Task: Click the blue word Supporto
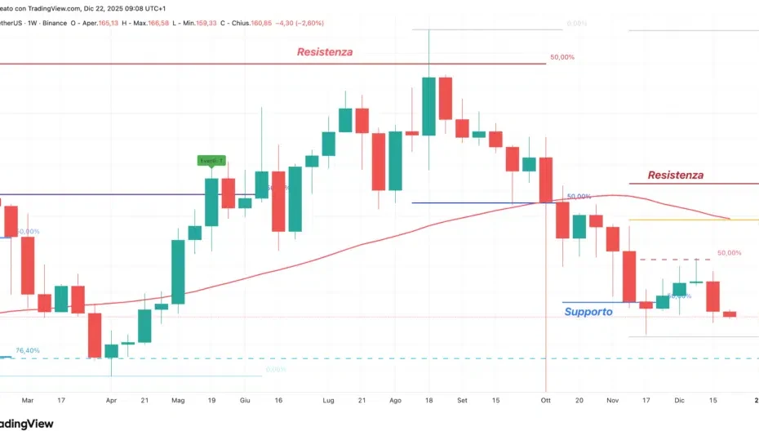(x=588, y=312)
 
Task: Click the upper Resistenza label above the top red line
(x=325, y=52)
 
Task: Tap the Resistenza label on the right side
(x=675, y=175)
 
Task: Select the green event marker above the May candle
(x=211, y=161)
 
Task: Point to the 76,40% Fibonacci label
(x=27, y=350)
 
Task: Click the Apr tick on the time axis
(x=111, y=401)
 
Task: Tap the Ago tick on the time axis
(x=395, y=401)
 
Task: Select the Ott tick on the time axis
(x=545, y=401)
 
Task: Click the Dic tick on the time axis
(x=679, y=401)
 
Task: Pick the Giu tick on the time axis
(x=244, y=401)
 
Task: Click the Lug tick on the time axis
(x=329, y=401)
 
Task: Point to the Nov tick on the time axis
(x=614, y=401)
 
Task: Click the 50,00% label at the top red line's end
(x=562, y=58)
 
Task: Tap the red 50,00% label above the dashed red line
(x=729, y=253)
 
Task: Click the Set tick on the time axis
(x=462, y=401)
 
